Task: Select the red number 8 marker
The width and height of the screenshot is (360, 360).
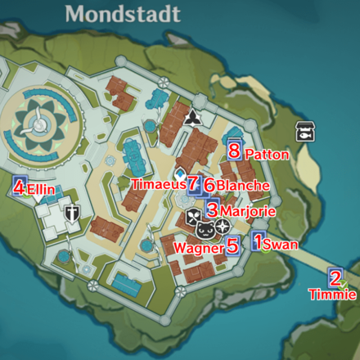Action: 234,151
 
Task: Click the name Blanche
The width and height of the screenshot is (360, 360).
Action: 242,186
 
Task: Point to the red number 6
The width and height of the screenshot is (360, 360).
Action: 209,186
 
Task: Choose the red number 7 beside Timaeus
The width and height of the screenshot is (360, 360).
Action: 194,185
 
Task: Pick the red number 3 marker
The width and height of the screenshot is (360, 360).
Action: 212,210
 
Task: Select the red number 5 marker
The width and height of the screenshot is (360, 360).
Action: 232,244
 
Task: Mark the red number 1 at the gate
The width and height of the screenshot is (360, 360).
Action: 258,241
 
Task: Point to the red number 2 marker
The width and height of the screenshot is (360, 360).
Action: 335,277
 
